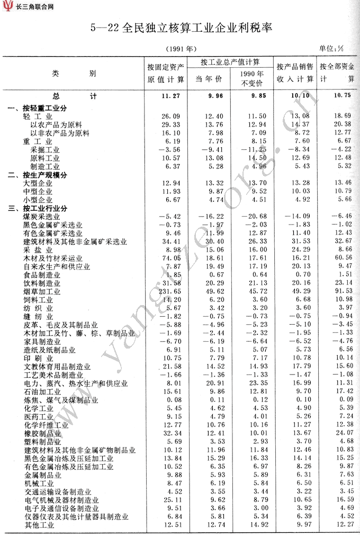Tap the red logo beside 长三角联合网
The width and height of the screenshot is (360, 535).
(x=7, y=7)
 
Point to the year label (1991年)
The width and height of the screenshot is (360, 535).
(x=182, y=49)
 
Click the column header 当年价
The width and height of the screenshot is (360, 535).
(x=209, y=79)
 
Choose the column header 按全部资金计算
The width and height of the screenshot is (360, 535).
(x=337, y=74)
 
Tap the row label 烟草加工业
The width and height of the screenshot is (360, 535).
(x=42, y=291)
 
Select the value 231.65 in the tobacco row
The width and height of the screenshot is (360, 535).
(x=169, y=291)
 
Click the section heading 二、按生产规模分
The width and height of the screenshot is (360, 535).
(x=38, y=174)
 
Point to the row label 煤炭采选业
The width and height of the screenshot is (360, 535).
(x=42, y=217)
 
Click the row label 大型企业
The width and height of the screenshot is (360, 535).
(x=38, y=183)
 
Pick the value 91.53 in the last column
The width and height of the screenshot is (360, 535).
(x=340, y=291)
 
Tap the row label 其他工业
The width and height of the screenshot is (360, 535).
(x=40, y=525)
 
